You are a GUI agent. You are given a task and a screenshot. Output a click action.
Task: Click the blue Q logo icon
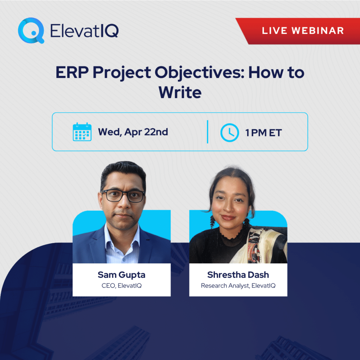coord(31,31)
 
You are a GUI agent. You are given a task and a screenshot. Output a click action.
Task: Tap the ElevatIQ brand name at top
coord(84,31)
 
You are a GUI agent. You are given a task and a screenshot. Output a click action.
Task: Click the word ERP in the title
coord(71,73)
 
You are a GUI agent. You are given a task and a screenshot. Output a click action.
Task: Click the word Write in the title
coord(180,92)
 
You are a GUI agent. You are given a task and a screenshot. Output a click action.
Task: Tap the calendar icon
coord(82,132)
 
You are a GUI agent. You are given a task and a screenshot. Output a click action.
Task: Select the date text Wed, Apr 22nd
coord(133,132)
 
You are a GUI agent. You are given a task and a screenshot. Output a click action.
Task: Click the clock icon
coord(229,132)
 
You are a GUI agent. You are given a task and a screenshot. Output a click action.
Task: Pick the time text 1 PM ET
coord(264,133)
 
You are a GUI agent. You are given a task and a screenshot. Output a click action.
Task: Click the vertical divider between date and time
coord(207,132)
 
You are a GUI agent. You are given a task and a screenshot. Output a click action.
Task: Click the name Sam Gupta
coord(121,275)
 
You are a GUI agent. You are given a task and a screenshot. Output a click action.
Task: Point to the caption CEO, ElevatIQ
coord(121,285)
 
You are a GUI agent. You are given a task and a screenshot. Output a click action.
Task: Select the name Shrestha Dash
coord(238,275)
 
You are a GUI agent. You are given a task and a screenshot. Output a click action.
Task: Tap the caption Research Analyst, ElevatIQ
coord(238,285)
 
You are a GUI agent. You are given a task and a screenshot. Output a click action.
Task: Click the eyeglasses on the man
coord(123,196)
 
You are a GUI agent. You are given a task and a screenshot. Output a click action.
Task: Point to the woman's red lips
coord(229,218)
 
